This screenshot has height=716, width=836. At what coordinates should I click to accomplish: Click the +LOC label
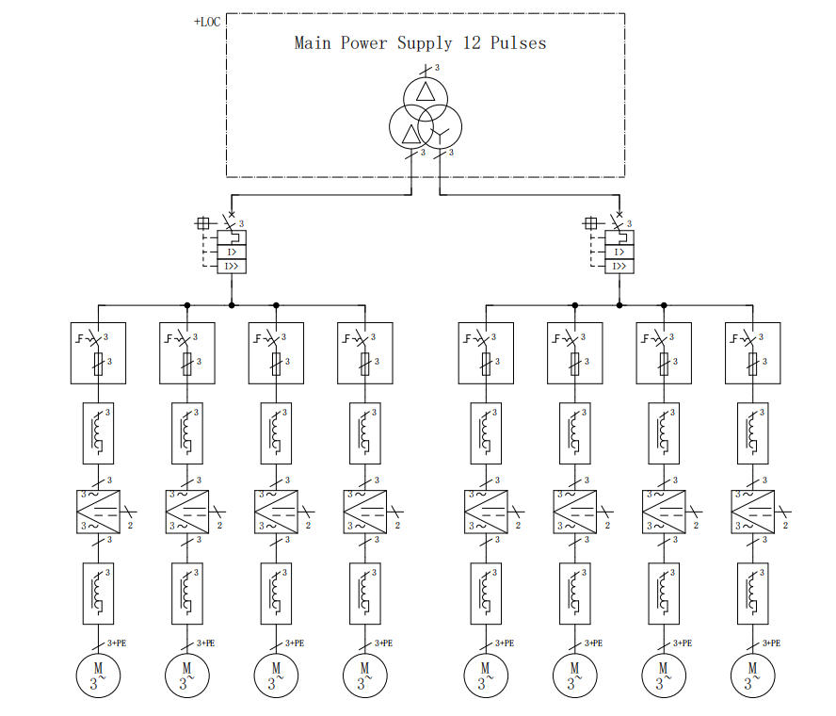(207, 21)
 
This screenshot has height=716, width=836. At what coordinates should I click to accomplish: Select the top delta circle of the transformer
(426, 93)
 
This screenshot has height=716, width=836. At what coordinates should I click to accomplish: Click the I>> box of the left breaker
(232, 267)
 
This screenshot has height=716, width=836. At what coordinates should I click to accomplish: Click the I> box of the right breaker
(619, 252)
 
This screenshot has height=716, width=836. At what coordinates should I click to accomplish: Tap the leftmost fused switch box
(99, 352)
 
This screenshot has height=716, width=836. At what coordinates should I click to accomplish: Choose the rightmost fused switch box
(752, 352)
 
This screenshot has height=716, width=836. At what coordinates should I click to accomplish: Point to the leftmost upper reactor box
(99, 432)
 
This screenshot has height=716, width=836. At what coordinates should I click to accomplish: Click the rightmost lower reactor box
(752, 593)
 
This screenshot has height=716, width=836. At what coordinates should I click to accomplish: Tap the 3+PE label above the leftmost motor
(120, 643)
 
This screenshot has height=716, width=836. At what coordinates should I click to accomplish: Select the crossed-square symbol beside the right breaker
(590, 223)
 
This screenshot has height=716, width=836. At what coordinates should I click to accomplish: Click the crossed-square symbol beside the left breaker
(202, 223)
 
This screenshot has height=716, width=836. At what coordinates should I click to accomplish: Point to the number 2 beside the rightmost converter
(784, 524)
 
